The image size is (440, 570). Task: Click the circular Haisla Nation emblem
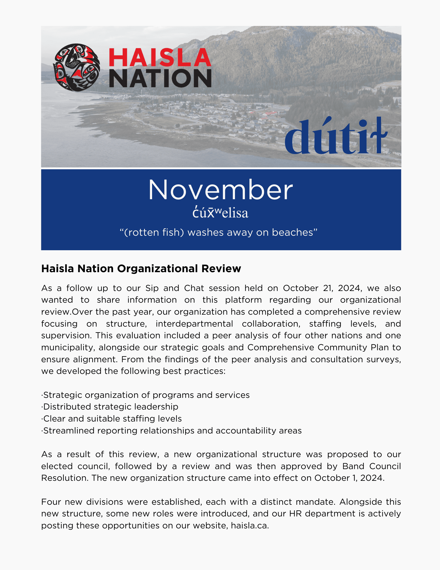(x=77, y=67)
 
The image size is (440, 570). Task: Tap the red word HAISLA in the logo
(x=160, y=58)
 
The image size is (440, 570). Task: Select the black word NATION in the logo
(x=160, y=78)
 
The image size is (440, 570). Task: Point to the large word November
(x=220, y=190)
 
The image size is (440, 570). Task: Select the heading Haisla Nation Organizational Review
(x=141, y=268)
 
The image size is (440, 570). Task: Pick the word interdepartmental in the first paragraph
(x=194, y=324)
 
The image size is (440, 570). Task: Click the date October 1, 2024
(x=349, y=478)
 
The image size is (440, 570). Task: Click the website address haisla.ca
(x=249, y=526)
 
